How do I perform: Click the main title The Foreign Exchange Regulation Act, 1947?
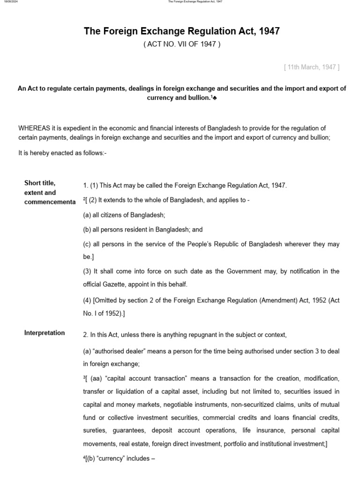pos(181,31)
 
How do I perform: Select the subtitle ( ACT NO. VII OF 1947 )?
pos(181,45)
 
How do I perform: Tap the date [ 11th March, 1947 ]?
pos(312,67)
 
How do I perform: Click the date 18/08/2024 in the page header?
pos(10,2)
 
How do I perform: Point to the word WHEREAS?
pos(34,128)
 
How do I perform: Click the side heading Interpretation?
pos(45,333)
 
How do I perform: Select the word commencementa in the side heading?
pos(50,202)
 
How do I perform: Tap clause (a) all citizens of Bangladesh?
pos(124,215)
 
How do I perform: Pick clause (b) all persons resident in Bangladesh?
pos(142,230)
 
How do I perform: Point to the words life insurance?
pos(262,430)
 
